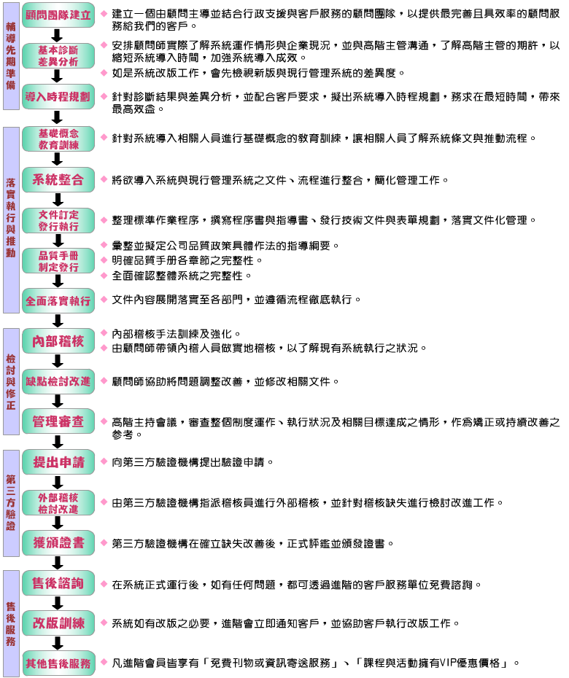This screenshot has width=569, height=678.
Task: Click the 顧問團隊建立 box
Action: pos(58,15)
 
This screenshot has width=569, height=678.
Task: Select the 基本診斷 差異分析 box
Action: pos(58,56)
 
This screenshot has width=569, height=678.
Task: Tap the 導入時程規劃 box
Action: pos(58,96)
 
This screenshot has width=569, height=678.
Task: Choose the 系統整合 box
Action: pos(58,179)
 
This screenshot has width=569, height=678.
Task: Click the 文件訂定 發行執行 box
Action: pos(58,220)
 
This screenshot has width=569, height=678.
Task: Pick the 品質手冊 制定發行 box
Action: pos(58,261)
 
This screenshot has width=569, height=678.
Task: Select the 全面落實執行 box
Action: pos(58,301)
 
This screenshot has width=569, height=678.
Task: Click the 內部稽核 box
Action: pos(58,341)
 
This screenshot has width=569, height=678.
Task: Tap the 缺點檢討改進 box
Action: pos(58,381)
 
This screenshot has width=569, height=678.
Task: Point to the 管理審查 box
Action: pos(58,421)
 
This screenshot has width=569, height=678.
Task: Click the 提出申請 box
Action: pos(58,462)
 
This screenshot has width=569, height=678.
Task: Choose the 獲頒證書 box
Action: pos(58,542)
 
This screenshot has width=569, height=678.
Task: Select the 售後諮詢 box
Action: pos(58,583)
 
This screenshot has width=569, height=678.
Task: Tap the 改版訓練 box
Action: pos(58,623)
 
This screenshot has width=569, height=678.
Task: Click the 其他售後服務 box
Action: pos(58,663)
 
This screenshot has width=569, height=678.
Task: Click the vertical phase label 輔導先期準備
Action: pos(11,56)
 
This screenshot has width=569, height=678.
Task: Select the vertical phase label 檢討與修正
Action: pos(11,381)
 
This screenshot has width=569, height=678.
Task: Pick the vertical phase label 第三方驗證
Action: pos(11,503)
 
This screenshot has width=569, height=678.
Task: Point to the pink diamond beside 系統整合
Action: pos(104,179)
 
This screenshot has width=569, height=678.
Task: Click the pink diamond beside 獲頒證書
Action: pos(104,542)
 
